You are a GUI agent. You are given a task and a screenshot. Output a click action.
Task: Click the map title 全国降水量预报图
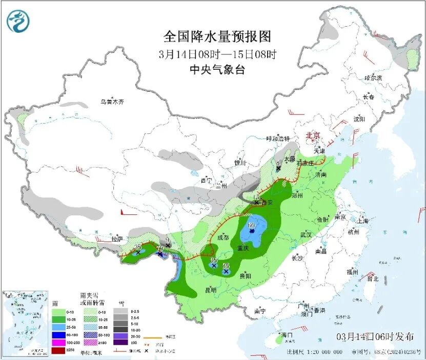point(217,37)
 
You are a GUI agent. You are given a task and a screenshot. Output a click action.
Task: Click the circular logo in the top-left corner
point(18,21)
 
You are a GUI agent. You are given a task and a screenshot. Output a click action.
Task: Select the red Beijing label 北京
point(313,135)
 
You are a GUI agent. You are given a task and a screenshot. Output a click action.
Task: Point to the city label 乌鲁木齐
point(112,102)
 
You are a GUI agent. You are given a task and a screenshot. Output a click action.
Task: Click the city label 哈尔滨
point(374,77)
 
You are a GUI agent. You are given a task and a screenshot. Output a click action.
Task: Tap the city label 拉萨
point(117,239)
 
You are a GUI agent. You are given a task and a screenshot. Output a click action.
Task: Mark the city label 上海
point(363,221)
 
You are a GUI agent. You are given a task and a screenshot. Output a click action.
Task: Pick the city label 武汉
point(307,234)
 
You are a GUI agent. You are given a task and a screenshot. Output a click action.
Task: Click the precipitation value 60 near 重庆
point(251,225)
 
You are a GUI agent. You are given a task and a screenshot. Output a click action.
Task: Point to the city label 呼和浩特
point(278,139)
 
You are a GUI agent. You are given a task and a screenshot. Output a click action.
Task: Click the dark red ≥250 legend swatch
point(59,350)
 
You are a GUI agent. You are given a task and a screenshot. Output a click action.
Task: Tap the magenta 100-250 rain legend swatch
point(59,343)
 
